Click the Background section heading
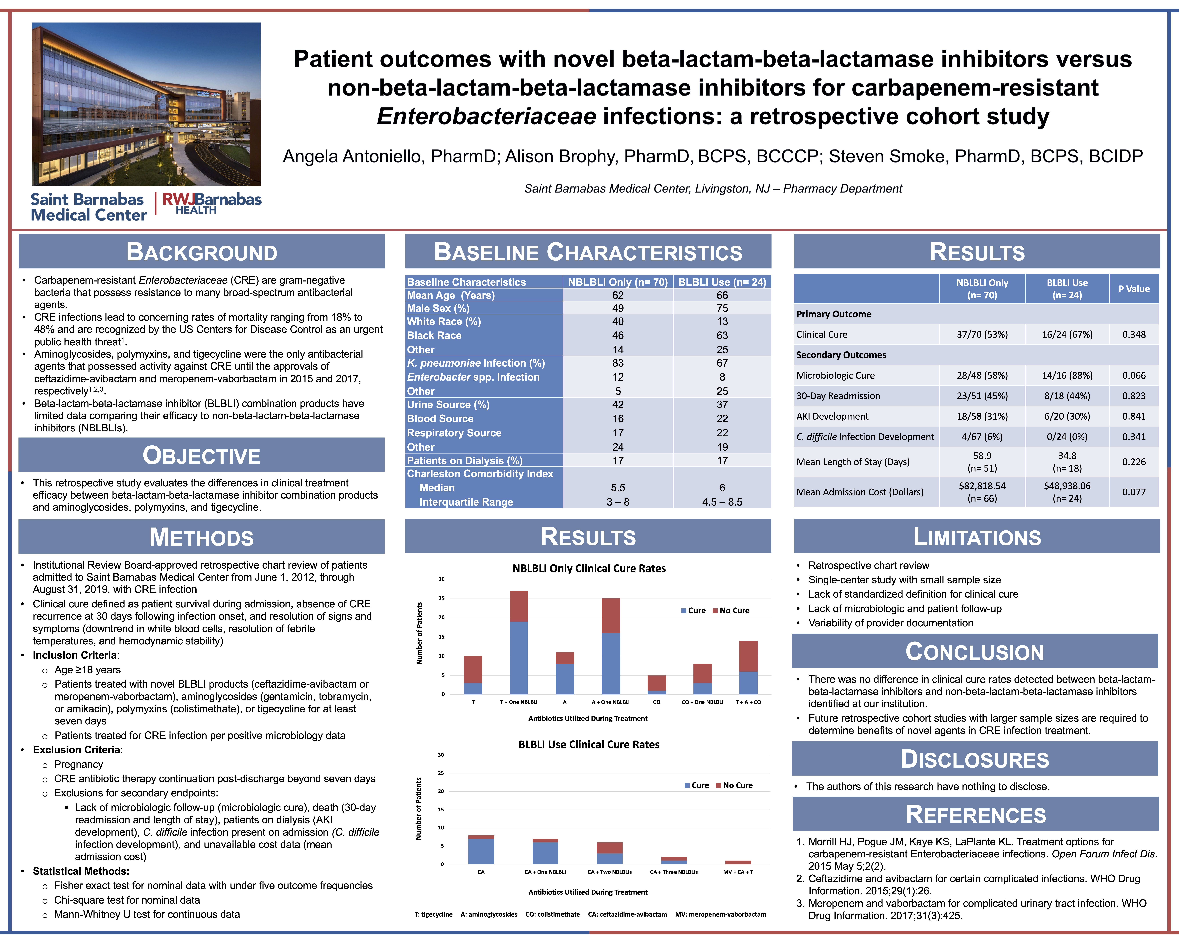pyautogui.click(x=202, y=252)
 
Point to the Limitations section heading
pyautogui.click(x=977, y=537)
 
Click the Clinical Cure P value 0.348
pyautogui.click(x=1134, y=335)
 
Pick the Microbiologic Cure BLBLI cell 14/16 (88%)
pyautogui.click(x=1067, y=376)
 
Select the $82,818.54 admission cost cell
pyautogui.click(x=982, y=486)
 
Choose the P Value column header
pyautogui.click(x=1134, y=289)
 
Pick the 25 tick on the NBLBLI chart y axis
pyautogui.click(x=441, y=598)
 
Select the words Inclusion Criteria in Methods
pyautogui.click(x=74, y=655)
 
